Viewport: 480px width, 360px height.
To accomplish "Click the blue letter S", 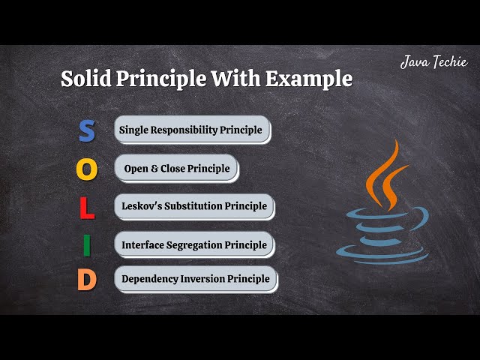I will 87,130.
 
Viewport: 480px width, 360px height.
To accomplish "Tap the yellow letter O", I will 87,169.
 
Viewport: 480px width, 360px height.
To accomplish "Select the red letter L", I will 87,208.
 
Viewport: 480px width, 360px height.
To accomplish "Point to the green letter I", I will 87,245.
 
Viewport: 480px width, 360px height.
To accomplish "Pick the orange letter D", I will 87,280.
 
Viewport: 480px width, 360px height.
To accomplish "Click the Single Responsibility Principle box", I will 191,130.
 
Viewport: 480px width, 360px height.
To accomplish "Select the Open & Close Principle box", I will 176,168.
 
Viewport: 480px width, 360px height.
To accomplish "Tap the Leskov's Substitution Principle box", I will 194,206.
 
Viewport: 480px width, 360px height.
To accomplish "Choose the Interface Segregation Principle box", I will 194,244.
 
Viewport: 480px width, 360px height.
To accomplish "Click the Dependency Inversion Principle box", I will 195,279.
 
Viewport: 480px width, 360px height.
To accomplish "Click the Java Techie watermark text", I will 434,62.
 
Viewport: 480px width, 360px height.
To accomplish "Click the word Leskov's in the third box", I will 142,206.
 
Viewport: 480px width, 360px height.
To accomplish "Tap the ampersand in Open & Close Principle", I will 154,169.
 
